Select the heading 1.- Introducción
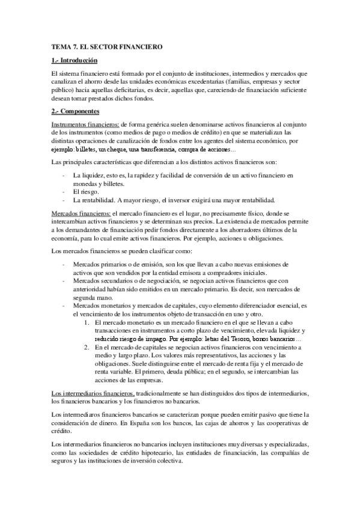click(x=75, y=60)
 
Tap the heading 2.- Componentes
click(x=75, y=112)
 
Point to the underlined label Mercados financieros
click(x=79, y=230)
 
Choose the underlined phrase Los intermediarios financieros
click(x=93, y=376)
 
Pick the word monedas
click(x=84, y=183)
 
